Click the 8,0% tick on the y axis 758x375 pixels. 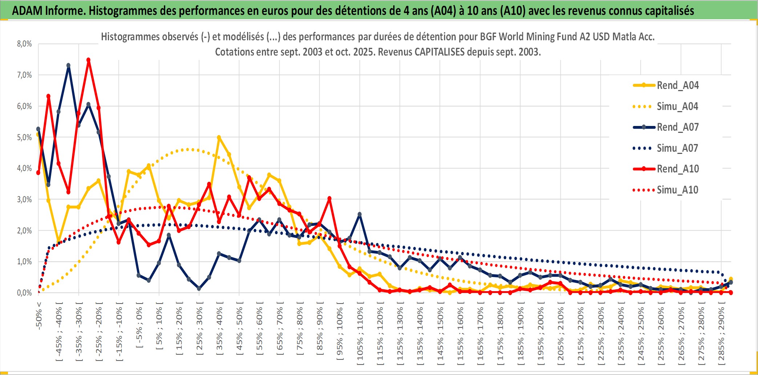[x=24, y=44]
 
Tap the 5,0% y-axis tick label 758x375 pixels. [x=24, y=137]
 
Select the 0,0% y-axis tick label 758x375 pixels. [x=24, y=293]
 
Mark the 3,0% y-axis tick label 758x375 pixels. [x=24, y=199]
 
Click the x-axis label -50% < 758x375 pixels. [x=39, y=315]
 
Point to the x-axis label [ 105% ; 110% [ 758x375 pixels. [x=360, y=334]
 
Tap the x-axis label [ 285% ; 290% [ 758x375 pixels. [x=721, y=334]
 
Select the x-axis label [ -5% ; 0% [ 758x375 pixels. [x=139, y=325]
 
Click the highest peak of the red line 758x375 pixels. [x=88, y=60]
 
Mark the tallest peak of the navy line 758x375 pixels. [x=68, y=65]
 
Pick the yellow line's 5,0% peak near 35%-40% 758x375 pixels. [x=219, y=138]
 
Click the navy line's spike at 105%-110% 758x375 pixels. [x=360, y=214]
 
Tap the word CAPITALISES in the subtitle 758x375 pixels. [x=439, y=52]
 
